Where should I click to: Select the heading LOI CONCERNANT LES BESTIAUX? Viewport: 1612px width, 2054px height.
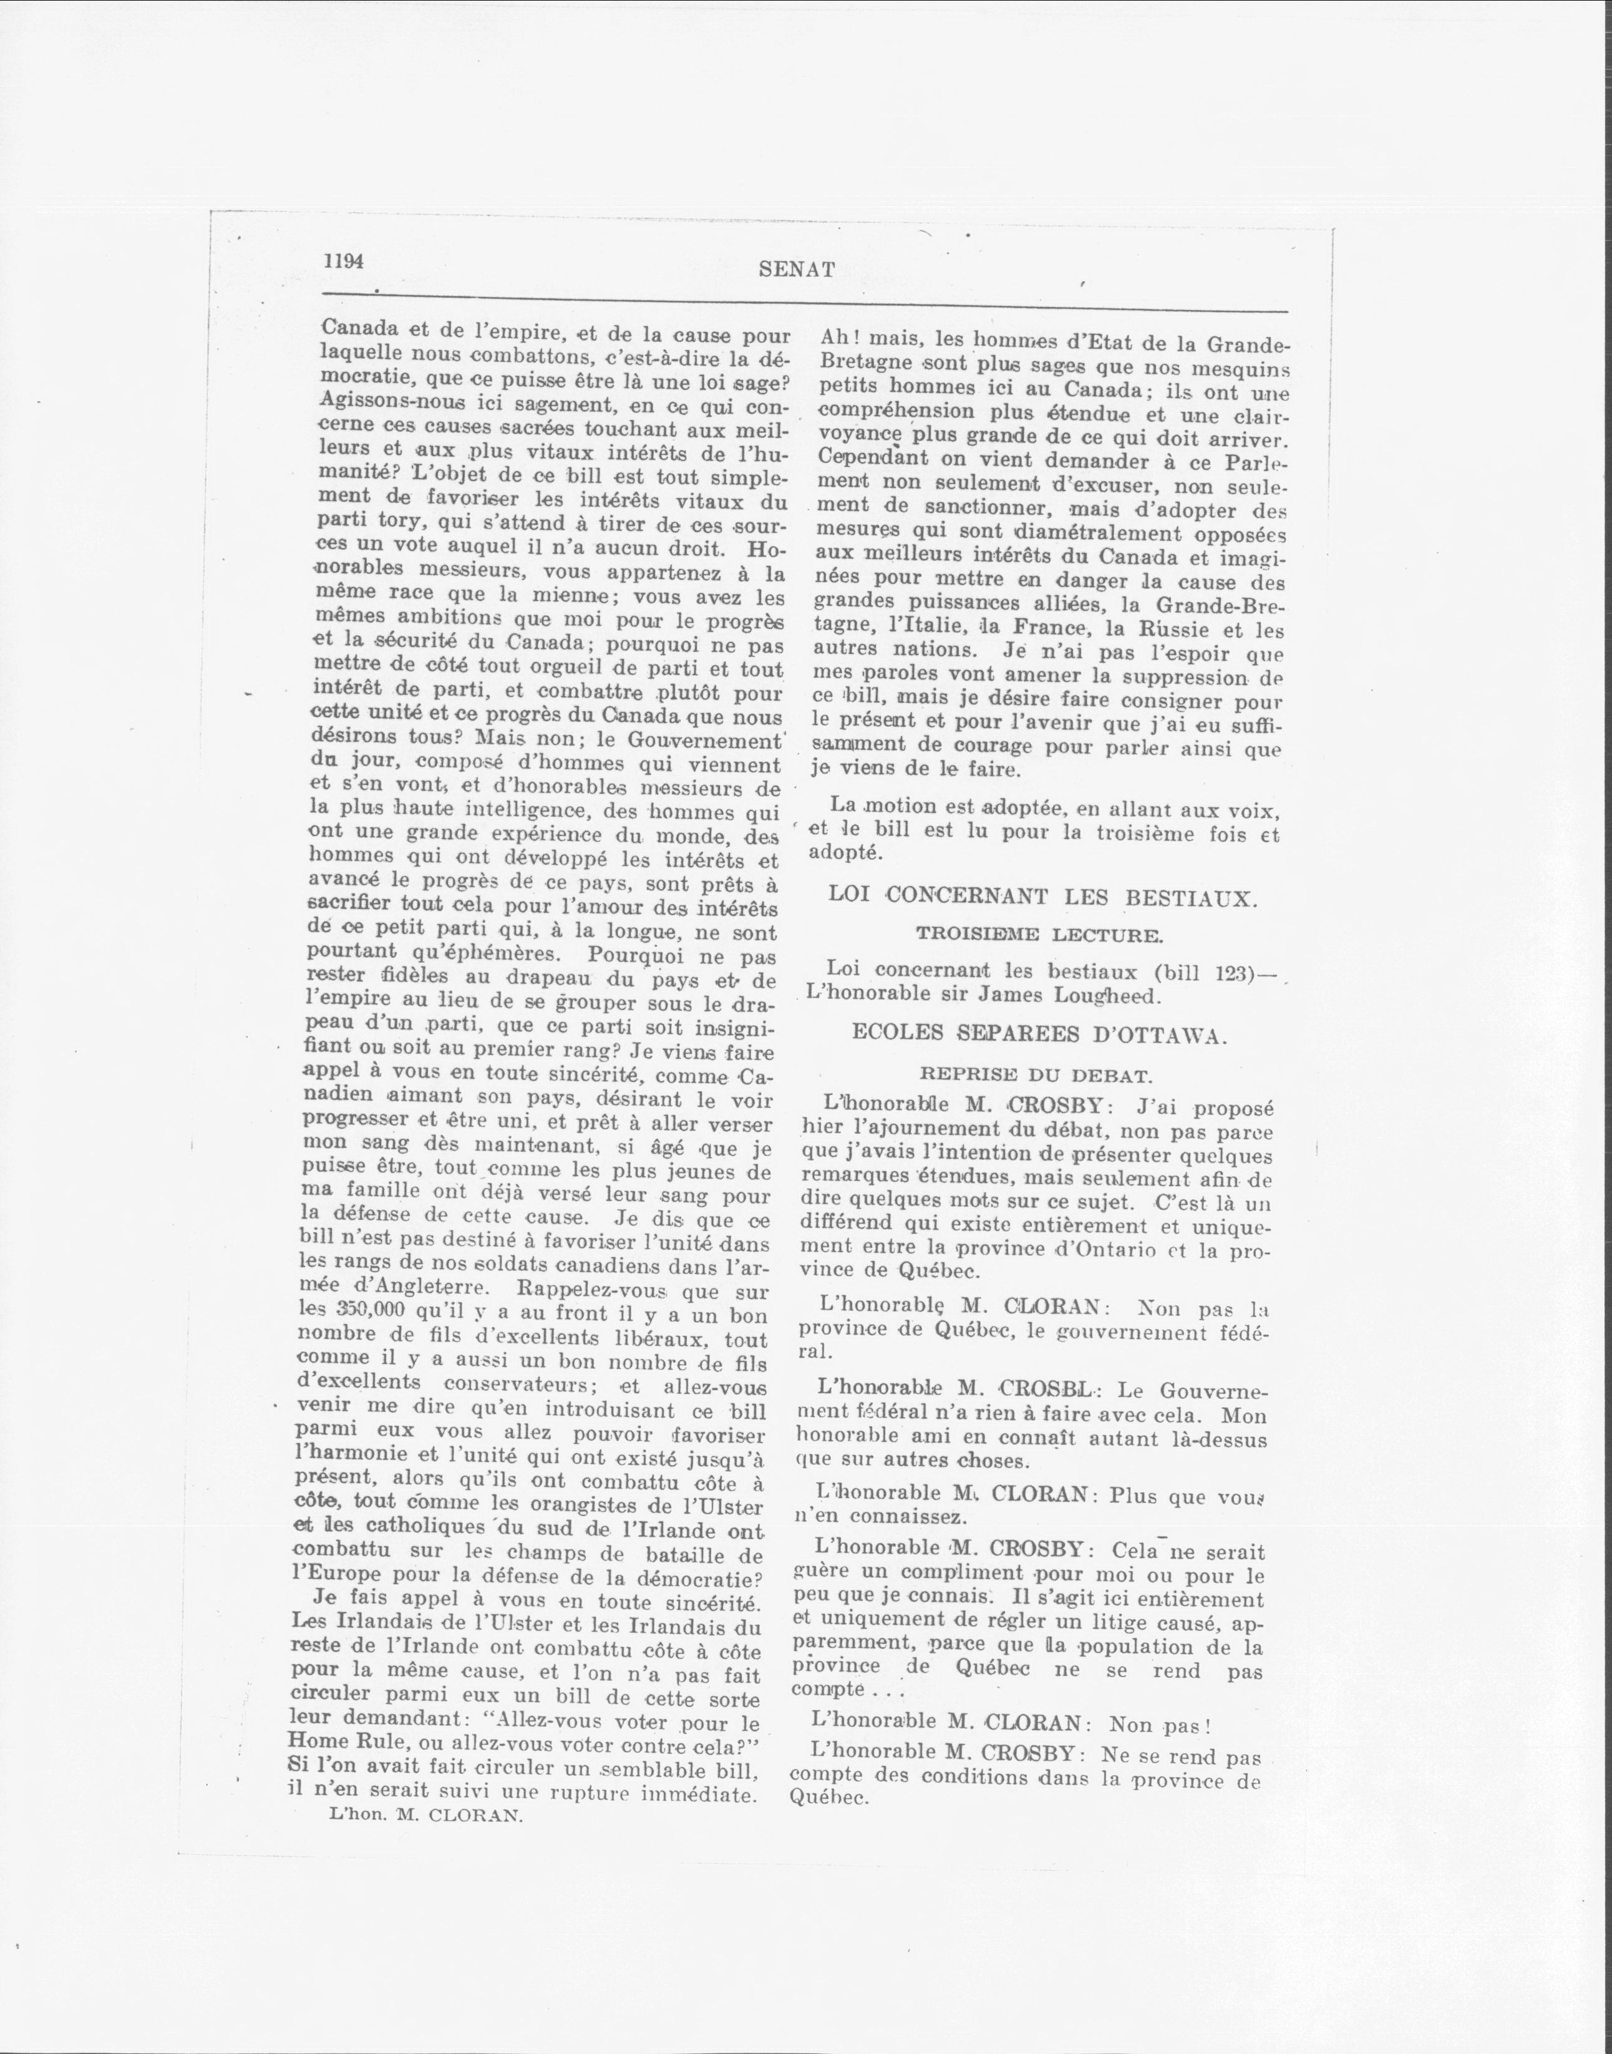[1043, 896]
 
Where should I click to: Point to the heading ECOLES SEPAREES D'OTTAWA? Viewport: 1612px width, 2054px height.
[1039, 1034]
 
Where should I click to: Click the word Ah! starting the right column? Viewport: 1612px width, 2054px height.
[838, 338]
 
